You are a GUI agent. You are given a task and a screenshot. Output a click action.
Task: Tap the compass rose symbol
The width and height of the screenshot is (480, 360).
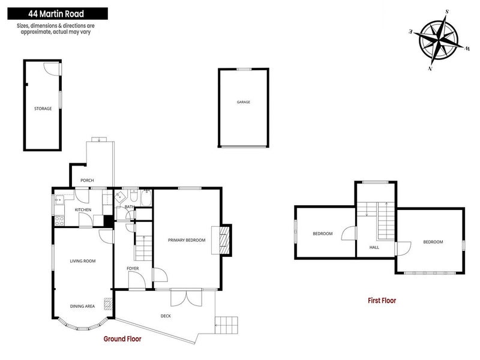point(439,40)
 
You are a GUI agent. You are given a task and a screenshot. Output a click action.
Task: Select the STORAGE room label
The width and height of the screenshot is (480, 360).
point(43,109)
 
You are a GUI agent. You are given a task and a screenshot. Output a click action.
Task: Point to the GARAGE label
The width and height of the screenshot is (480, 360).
point(243,102)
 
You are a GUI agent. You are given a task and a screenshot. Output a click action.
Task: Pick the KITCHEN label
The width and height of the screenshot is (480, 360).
point(83,209)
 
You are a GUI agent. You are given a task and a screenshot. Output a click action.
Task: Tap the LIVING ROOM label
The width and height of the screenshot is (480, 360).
point(83,261)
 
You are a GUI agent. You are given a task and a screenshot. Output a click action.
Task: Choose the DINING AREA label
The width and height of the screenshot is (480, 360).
point(82,306)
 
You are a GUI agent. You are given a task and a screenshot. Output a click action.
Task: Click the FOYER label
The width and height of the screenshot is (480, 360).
point(133,268)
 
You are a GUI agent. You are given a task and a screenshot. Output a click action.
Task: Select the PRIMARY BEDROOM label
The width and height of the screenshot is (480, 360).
point(187,240)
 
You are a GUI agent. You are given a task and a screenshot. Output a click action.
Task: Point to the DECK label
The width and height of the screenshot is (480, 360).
point(166,316)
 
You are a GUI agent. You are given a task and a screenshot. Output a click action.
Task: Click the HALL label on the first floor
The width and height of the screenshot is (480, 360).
point(374,247)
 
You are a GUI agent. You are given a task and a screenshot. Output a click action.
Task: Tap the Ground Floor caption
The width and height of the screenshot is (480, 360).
point(122,339)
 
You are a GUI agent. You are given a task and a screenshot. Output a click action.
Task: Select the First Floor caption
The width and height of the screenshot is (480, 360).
point(382,301)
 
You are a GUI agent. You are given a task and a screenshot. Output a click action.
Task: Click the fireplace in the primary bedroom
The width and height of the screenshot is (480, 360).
point(224,239)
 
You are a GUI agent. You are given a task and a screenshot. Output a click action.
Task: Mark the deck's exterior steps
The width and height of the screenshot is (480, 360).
point(226,325)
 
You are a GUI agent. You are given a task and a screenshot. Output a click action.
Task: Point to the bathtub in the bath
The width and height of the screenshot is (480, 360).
point(146,198)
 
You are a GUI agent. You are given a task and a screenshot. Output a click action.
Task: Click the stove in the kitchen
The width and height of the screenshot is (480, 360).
point(61,219)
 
